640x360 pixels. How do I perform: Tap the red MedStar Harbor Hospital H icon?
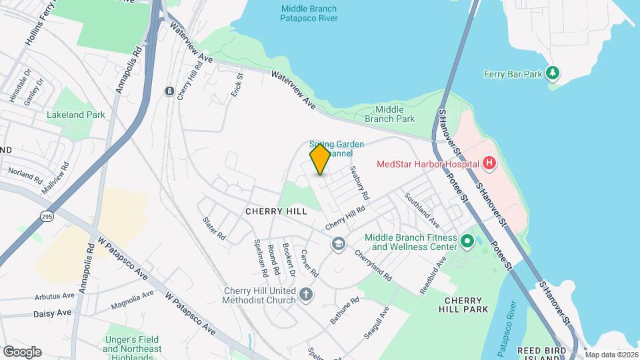click(x=489, y=163)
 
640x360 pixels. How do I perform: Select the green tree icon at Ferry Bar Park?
click(x=552, y=72)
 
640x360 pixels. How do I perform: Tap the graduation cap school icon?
click(x=339, y=244)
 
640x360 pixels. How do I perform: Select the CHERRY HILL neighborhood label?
click(x=276, y=211)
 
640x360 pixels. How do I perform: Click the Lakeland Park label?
click(x=76, y=115)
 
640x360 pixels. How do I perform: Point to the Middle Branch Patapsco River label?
click(x=309, y=13)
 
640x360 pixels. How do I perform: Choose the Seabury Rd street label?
click(x=360, y=183)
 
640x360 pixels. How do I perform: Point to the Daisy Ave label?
click(x=51, y=313)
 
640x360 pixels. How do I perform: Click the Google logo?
click(x=22, y=352)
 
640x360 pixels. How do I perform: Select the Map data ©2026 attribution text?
click(x=611, y=355)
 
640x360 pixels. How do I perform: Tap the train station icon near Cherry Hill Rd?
click(x=169, y=91)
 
